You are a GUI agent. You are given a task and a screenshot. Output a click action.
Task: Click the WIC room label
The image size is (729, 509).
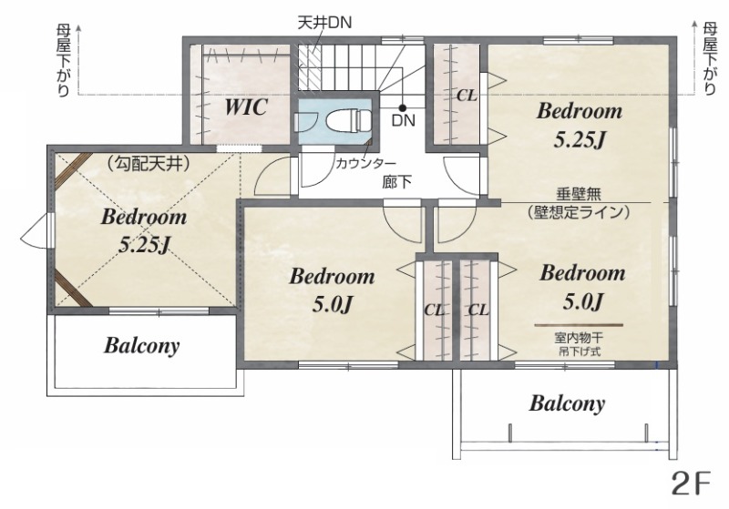click(246, 107)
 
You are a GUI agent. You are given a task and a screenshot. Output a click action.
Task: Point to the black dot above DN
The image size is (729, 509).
click(403, 107)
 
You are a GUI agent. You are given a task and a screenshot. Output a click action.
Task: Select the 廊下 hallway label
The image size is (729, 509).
click(396, 181)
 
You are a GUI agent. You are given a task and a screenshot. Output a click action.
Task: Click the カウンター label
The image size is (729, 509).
click(365, 163)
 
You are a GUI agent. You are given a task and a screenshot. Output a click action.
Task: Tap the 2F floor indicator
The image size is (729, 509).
click(692, 483)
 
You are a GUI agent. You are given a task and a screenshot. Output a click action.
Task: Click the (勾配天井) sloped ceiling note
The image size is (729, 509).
click(147, 164)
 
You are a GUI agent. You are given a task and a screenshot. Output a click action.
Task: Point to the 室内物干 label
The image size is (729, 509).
click(579, 338)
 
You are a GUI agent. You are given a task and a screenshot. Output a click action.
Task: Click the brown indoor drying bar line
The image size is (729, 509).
click(579, 325)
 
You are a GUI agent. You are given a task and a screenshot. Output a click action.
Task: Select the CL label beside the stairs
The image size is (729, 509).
click(467, 96)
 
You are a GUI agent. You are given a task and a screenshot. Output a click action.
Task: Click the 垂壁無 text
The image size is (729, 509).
click(579, 194)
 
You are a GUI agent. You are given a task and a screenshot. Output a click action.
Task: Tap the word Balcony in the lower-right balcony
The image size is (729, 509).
click(567, 403)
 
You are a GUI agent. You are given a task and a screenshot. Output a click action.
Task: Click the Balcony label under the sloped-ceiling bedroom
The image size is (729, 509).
click(142, 345)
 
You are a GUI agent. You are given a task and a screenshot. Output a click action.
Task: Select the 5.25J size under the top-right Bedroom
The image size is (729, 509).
click(580, 139)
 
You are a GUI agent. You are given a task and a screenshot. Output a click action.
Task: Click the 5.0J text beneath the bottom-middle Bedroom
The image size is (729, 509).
click(333, 304)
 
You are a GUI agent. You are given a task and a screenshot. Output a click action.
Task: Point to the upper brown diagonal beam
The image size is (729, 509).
click(74, 168)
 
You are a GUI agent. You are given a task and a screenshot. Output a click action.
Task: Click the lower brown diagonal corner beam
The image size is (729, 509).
click(74, 289)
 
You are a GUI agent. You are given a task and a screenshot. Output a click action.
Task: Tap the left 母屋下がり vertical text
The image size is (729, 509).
click(63, 60)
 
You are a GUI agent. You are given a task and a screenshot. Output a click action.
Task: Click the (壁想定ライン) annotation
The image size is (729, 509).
click(579, 212)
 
